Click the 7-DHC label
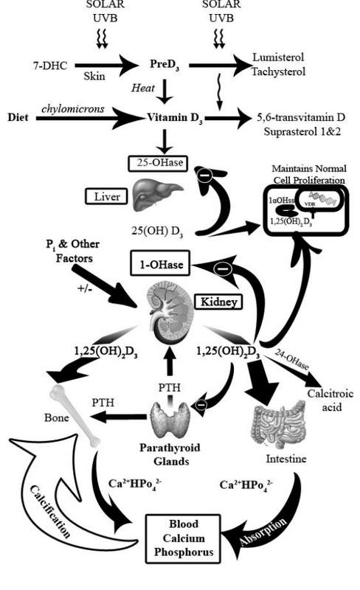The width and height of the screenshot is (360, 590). [49, 66]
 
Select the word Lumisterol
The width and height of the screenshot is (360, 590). [277, 58]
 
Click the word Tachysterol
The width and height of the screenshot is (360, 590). [279, 72]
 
